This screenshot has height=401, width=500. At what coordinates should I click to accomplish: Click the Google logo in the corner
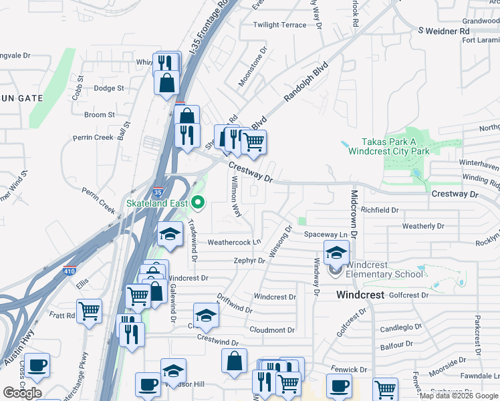point(22,393)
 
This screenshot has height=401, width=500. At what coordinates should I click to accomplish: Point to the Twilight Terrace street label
point(279,25)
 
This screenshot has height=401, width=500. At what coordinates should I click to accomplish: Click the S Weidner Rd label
point(444,31)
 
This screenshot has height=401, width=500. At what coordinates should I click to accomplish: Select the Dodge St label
point(109,88)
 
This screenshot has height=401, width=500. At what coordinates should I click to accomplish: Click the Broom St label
point(100,115)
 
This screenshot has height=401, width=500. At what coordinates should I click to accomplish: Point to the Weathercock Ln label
point(233,243)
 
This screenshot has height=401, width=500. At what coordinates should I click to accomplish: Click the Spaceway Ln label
point(326,235)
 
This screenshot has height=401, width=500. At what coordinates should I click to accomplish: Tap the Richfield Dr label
point(380,210)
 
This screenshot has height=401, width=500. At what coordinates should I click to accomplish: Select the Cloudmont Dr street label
point(272,330)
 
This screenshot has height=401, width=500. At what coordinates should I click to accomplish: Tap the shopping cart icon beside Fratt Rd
point(89,310)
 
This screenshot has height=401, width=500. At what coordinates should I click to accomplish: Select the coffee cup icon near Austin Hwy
point(37,364)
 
